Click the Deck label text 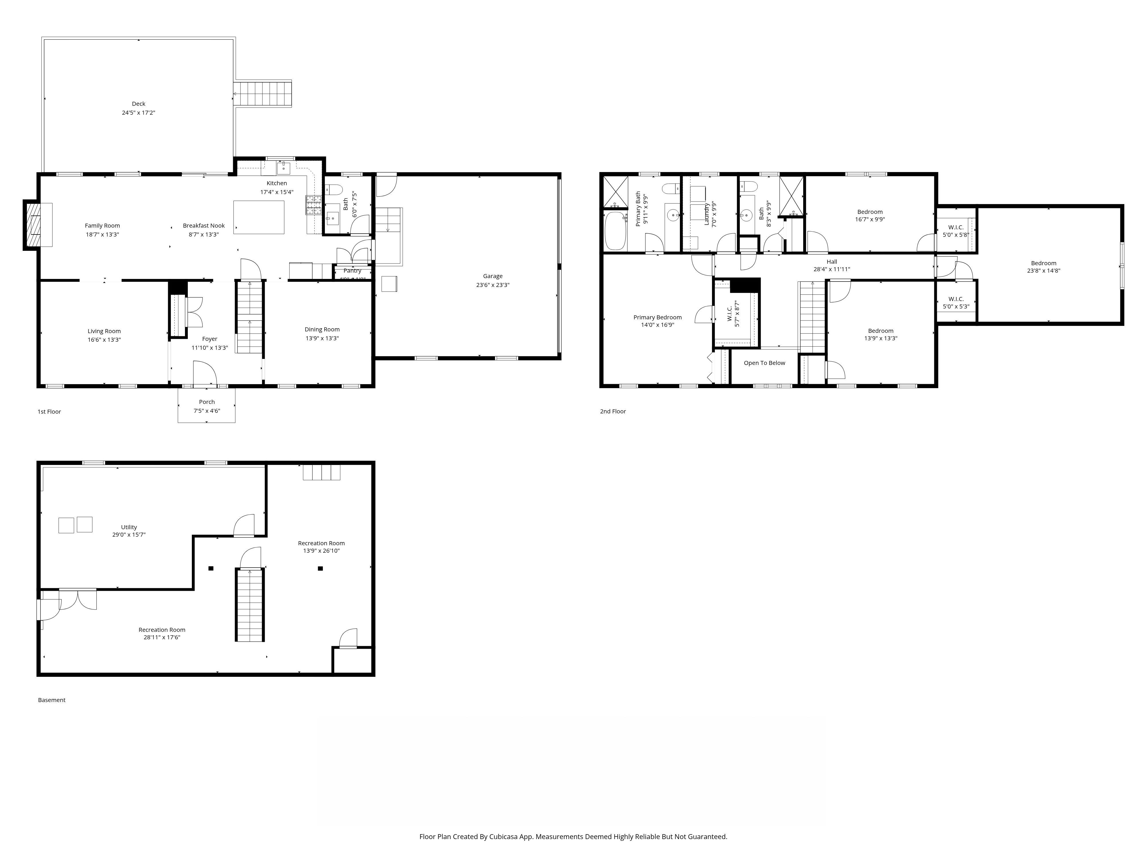click(139, 104)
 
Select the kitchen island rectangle click(259, 217)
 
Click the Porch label click(207, 402)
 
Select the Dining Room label click(322, 329)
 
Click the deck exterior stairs click(263, 94)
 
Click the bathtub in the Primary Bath click(615, 231)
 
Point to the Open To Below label click(764, 363)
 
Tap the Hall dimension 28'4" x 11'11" click(832, 269)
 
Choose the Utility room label click(129, 527)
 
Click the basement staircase click(250, 604)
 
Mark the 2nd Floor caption click(613, 411)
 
